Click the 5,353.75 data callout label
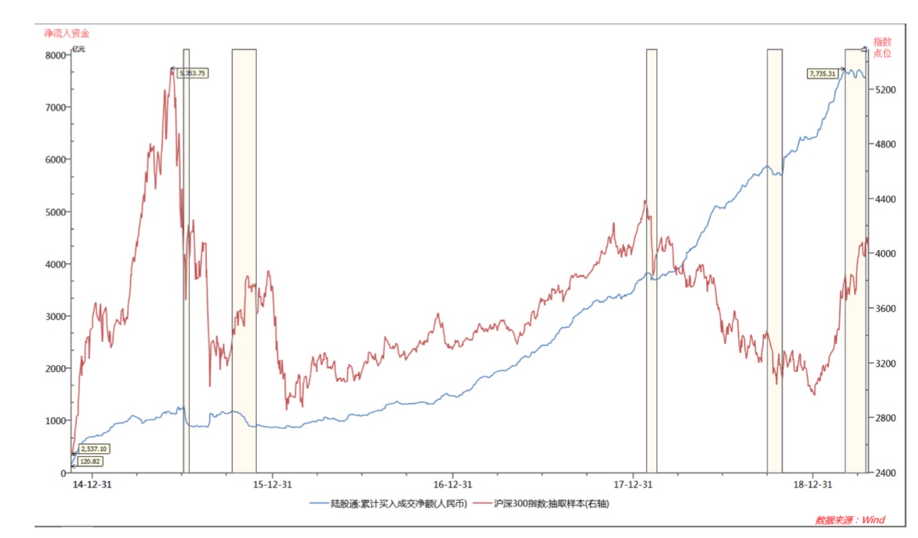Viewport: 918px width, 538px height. click(192, 73)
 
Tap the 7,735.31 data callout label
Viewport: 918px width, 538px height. click(823, 73)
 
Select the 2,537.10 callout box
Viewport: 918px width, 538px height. click(94, 449)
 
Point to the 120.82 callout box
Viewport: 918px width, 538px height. click(90, 462)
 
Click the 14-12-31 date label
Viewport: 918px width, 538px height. click(92, 485)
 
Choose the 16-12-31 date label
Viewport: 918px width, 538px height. click(452, 485)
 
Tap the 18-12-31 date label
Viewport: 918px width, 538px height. click(812, 485)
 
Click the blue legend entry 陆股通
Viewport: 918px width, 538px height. click(388, 504)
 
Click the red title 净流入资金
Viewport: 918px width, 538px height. click(66, 32)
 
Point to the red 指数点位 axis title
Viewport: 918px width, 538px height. click(882, 47)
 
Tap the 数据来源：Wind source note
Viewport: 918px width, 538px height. click(850, 520)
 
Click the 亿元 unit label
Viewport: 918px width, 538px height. click(79, 49)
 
